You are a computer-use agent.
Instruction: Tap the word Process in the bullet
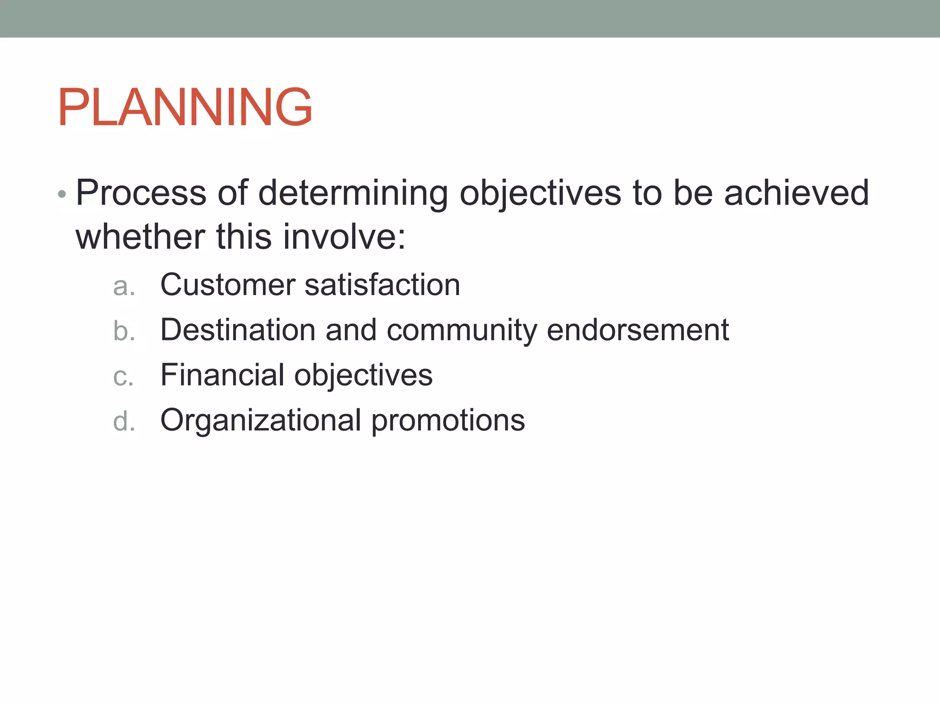(141, 193)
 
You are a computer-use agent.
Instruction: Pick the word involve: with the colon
(344, 237)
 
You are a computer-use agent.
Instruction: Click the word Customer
(228, 285)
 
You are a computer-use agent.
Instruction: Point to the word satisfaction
(382, 285)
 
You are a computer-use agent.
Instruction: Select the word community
(462, 330)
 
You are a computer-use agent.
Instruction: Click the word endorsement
(638, 330)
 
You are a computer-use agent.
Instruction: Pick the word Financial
(222, 375)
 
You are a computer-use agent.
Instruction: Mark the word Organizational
(261, 420)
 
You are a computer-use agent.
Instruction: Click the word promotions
(448, 420)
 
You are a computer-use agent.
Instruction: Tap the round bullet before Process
(62, 195)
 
